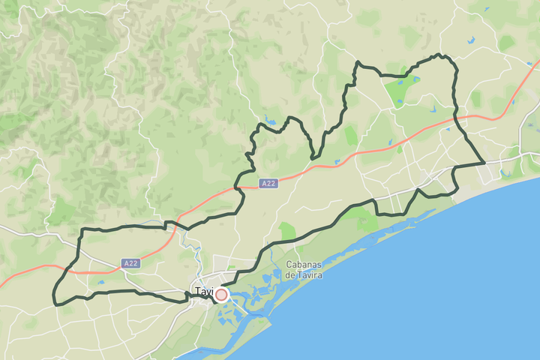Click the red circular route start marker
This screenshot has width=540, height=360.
pyautogui.click(x=221, y=295)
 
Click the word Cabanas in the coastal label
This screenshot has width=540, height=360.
pyautogui.click(x=304, y=264)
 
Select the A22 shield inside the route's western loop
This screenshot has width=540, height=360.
pyautogui.click(x=131, y=263)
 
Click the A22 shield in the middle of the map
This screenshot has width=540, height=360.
pyautogui.click(x=268, y=183)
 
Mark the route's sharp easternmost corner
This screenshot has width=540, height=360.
pyautogui.click(x=484, y=162)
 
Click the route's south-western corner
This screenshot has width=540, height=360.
pyautogui.click(x=55, y=303)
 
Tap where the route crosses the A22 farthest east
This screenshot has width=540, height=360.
pyautogui.click(x=455, y=118)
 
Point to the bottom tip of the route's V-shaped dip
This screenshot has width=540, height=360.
pyautogui.click(x=313, y=157)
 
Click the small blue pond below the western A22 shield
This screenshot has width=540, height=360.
pyautogui.click(x=100, y=283)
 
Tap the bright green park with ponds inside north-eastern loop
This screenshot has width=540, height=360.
pyautogui.click(x=397, y=91)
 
